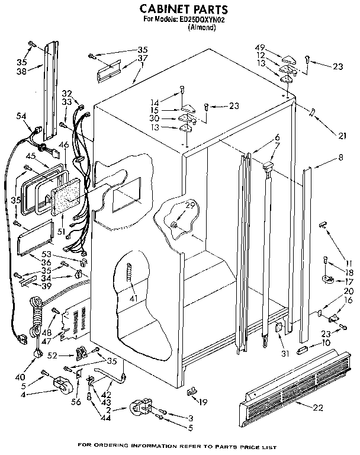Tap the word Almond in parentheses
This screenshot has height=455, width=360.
tap(201, 27)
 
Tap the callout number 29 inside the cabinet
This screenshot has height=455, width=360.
tap(190, 205)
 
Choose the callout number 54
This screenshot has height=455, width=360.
tap(21, 116)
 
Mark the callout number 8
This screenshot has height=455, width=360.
tap(340, 158)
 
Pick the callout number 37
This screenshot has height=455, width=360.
tap(143, 58)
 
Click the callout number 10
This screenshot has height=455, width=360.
tap(326, 342)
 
